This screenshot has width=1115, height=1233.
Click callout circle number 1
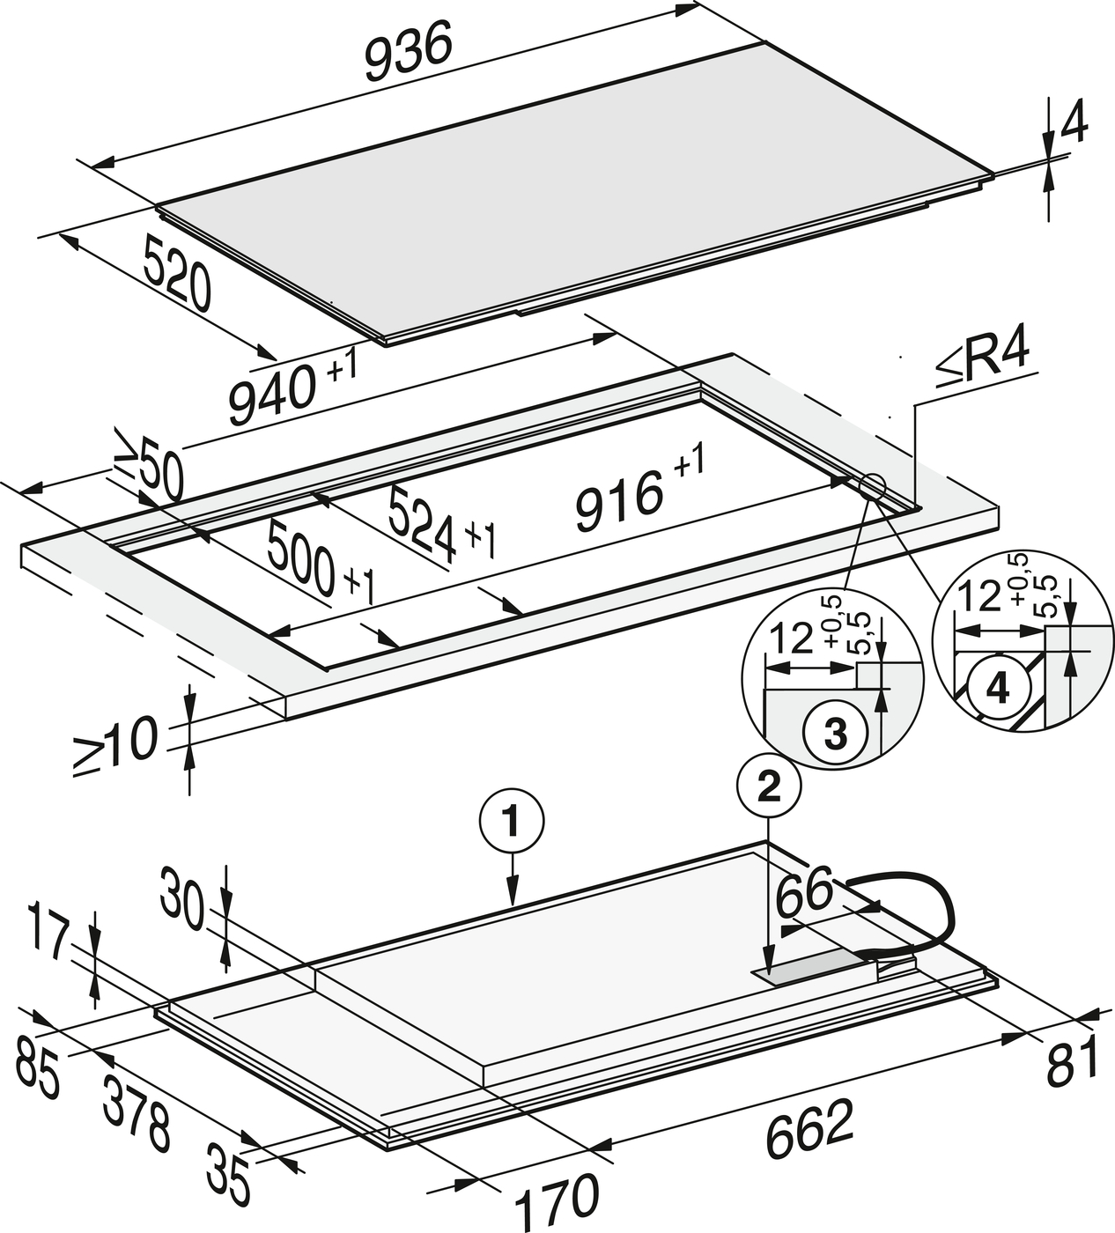pos(511,823)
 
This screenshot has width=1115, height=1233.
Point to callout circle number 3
pos(832,734)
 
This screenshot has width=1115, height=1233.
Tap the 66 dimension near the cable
pos(804,892)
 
